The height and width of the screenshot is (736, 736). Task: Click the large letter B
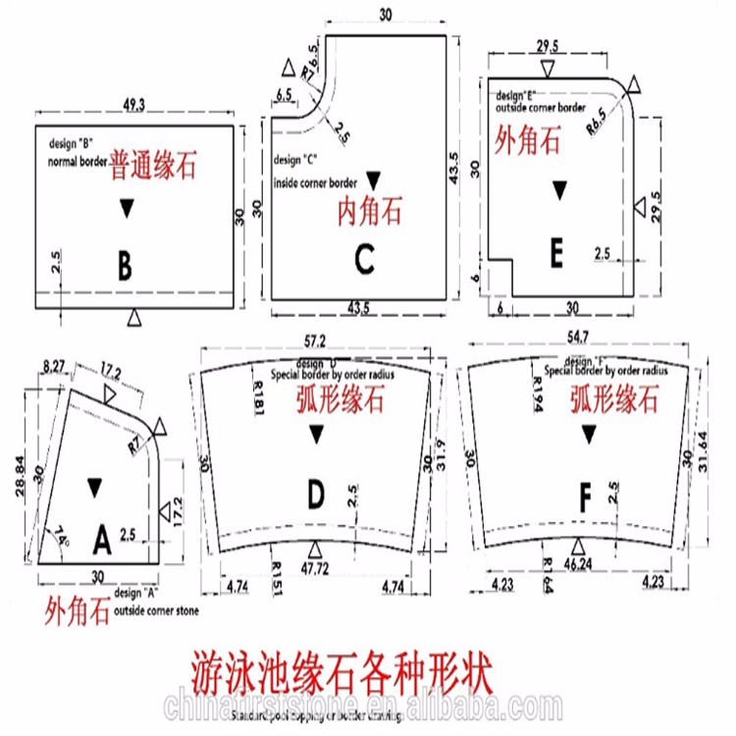click(x=125, y=264)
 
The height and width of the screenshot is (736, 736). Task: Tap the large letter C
click(x=364, y=260)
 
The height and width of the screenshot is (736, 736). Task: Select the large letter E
click(x=556, y=255)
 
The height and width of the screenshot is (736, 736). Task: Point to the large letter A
click(x=102, y=539)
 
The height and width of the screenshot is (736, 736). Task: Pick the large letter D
click(x=315, y=497)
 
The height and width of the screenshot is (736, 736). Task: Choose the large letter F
click(x=586, y=499)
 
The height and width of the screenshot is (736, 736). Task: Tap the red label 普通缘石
click(x=152, y=163)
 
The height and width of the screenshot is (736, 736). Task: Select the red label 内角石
click(x=370, y=209)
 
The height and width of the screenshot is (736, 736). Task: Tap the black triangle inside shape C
click(x=372, y=180)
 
